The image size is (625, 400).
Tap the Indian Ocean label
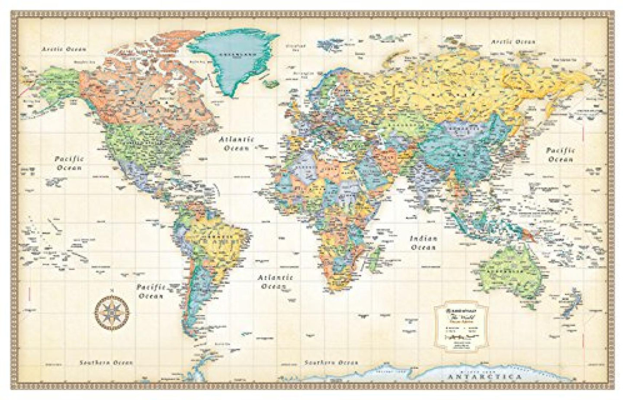pyautogui.click(x=424, y=243)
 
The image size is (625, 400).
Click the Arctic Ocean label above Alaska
pyautogui.click(x=64, y=49)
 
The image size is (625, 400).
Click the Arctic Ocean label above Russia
pyautogui.click(x=513, y=42)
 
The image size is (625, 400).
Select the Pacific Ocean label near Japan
pyautogui.click(x=561, y=155)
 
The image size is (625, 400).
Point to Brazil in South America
pyautogui.click(x=216, y=242)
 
